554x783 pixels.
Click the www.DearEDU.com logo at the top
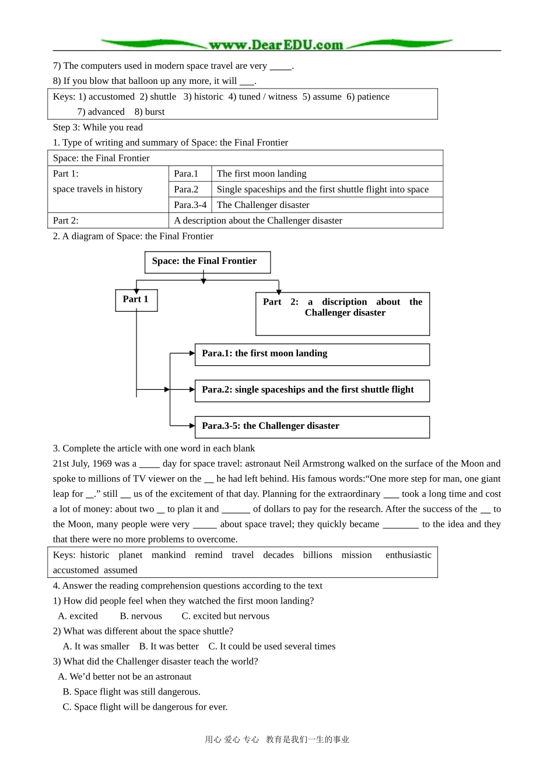click(x=276, y=45)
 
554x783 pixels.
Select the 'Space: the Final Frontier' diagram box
click(x=207, y=262)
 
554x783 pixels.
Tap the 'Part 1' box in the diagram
click(x=136, y=299)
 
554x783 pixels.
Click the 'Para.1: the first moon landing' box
click(x=312, y=354)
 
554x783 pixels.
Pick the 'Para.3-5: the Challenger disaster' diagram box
click(x=312, y=426)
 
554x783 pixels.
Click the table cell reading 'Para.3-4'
click(x=190, y=205)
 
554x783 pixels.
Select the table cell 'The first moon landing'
click(x=261, y=174)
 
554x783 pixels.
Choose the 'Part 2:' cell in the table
click(x=66, y=221)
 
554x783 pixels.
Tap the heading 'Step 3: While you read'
click(x=97, y=128)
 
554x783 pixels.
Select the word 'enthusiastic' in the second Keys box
click(x=408, y=555)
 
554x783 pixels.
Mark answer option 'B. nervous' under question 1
click(x=141, y=616)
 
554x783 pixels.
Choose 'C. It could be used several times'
click(x=272, y=647)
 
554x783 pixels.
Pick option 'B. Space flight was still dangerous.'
click(x=131, y=692)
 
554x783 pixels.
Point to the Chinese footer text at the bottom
click(x=277, y=740)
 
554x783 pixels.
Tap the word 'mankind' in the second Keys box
click(x=169, y=555)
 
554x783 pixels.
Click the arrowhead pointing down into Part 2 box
click(x=279, y=291)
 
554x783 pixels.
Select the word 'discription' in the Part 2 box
click(x=344, y=302)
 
